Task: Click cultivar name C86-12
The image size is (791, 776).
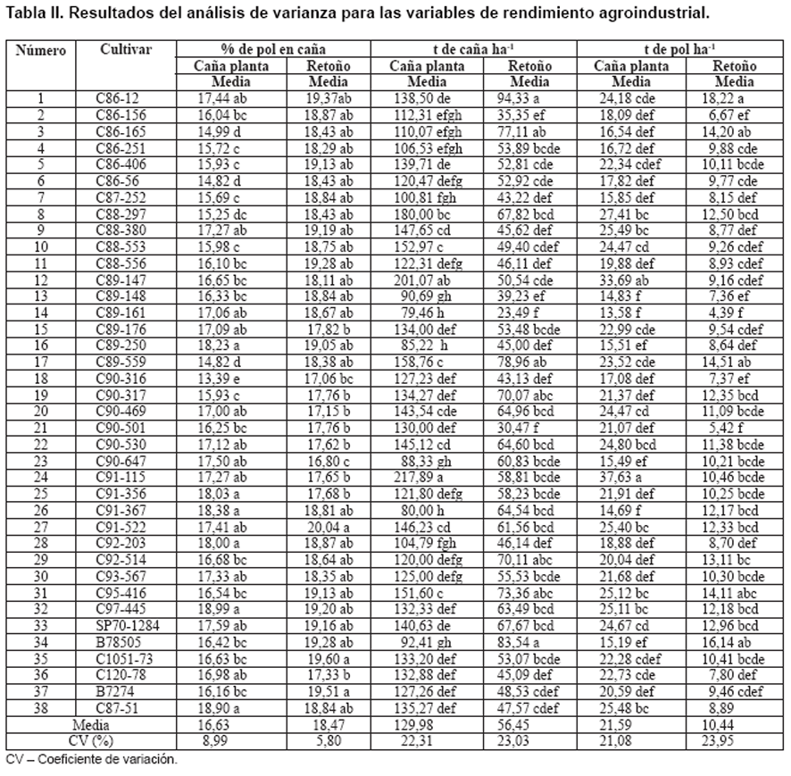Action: pos(117,99)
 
